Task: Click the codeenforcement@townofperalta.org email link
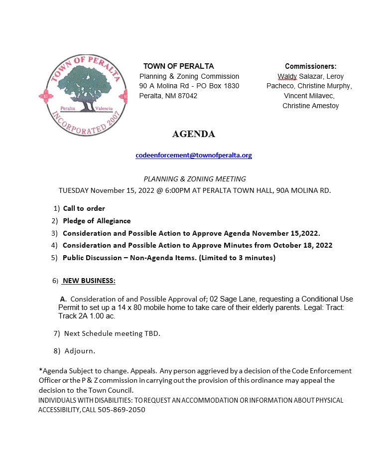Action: pyautogui.click(x=193, y=155)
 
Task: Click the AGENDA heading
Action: pyautogui.click(x=193, y=134)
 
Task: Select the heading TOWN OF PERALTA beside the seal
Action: pyautogui.click(x=178, y=66)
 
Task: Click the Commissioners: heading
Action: pyautogui.click(x=310, y=66)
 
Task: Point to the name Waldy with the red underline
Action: pyautogui.click(x=287, y=76)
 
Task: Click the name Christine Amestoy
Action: pyautogui.click(x=310, y=106)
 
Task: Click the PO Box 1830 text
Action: pyautogui.click(x=218, y=86)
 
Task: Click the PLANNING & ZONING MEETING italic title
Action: pyautogui.click(x=194, y=179)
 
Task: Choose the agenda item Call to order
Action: pyautogui.click(x=84, y=208)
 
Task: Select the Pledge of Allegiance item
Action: pyautogui.click(x=97, y=221)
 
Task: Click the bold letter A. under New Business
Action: pyautogui.click(x=63, y=299)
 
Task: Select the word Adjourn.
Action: pyautogui.click(x=80, y=351)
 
